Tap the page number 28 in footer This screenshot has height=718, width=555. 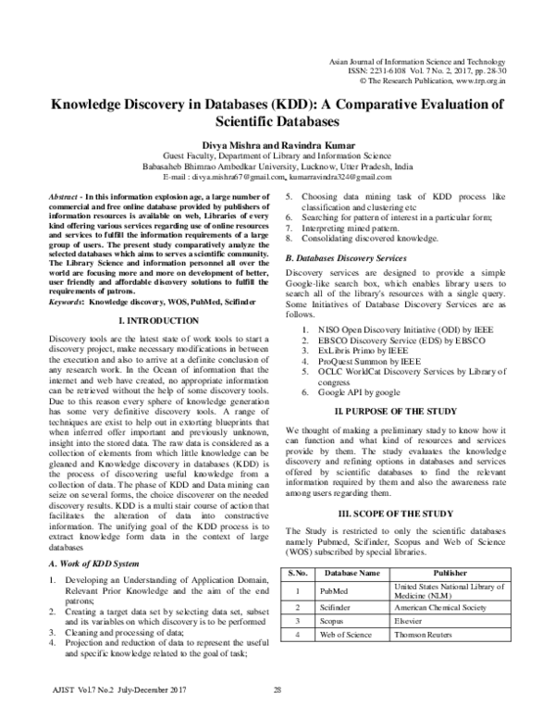[x=277, y=690]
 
